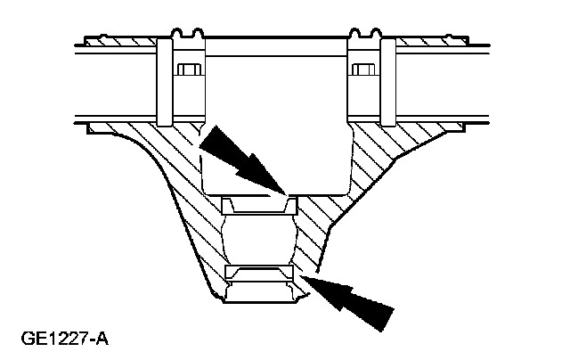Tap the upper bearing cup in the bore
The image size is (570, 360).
click(257, 205)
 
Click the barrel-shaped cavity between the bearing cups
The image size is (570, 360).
click(259, 238)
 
